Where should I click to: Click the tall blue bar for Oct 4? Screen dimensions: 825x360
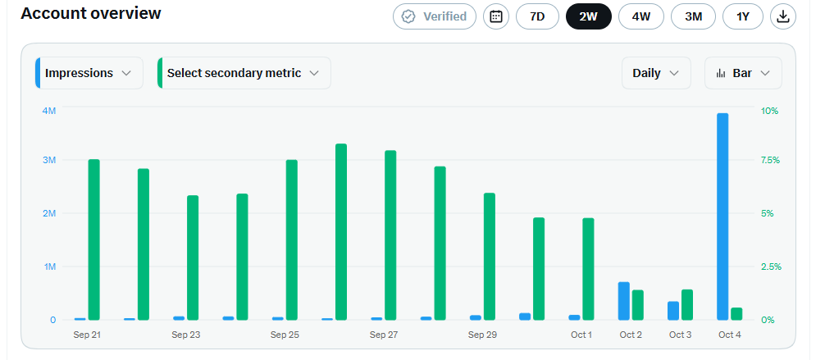click(722, 216)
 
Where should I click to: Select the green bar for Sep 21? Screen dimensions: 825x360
click(94, 239)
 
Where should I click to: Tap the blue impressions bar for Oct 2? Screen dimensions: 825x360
click(623, 301)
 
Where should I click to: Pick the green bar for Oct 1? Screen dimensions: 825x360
click(588, 269)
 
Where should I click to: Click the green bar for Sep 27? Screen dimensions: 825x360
click(390, 235)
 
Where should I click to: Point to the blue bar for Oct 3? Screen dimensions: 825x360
click(673, 311)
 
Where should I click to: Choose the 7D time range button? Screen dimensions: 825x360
click(536, 16)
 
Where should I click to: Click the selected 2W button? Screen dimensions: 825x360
click(588, 16)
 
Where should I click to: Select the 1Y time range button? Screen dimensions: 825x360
click(742, 16)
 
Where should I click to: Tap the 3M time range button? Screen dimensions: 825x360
click(694, 16)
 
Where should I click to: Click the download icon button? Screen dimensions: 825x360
click(783, 16)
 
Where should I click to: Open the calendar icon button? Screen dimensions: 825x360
click(496, 16)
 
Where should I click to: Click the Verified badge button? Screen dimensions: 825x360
click(435, 16)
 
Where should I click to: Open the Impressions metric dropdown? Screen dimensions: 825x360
click(89, 73)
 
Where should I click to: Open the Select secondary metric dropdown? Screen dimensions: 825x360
click(244, 73)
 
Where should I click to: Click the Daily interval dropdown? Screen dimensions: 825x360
click(656, 73)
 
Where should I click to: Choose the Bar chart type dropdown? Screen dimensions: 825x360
click(743, 73)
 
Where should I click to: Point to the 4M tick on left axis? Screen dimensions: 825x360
click(49, 111)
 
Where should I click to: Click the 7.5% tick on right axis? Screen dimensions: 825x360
click(770, 160)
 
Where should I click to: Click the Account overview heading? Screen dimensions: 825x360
click(91, 13)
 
